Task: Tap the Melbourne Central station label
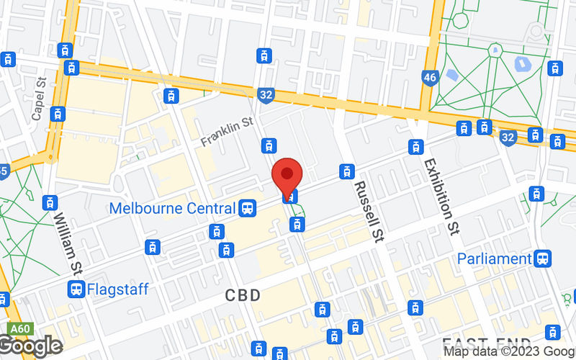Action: [x=173, y=209]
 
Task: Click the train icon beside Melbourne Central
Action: [x=248, y=209]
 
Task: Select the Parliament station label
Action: [x=495, y=258]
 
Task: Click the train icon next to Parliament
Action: [x=543, y=258]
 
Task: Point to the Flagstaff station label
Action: [x=117, y=289]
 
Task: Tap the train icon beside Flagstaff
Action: [x=76, y=289]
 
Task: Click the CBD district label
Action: [x=242, y=295]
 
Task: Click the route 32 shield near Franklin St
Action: [x=266, y=94]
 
